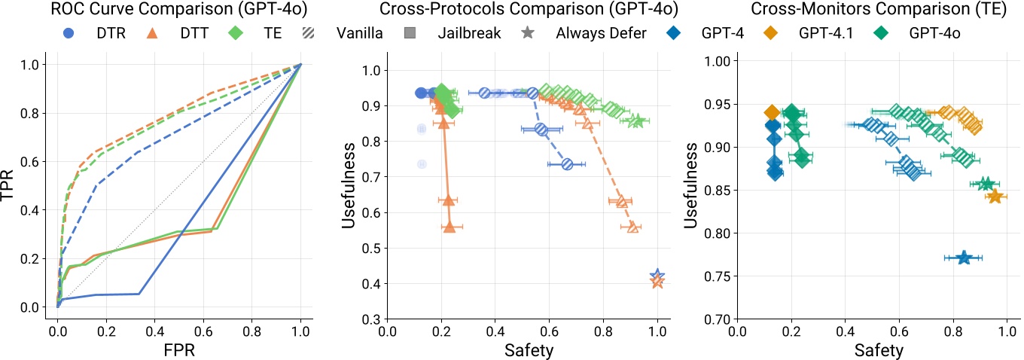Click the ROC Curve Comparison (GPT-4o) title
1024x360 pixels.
tap(151, 11)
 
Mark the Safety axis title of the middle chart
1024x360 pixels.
tap(523, 350)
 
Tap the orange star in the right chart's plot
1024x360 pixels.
tap(995, 197)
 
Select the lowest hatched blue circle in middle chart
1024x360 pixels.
tap(568, 164)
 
